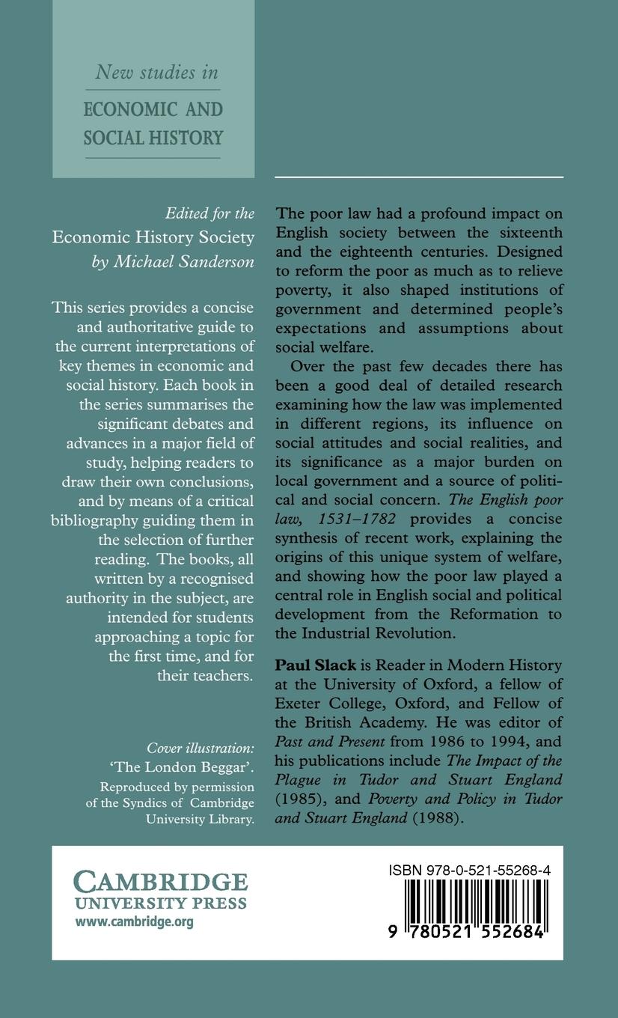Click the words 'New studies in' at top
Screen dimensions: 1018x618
[156, 72]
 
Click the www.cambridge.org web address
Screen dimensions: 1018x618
[134, 922]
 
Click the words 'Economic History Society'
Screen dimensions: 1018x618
[153, 238]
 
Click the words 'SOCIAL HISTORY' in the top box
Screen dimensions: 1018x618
[153, 138]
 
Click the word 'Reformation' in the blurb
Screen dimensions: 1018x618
[468, 613]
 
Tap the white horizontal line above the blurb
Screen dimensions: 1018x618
[419, 177]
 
